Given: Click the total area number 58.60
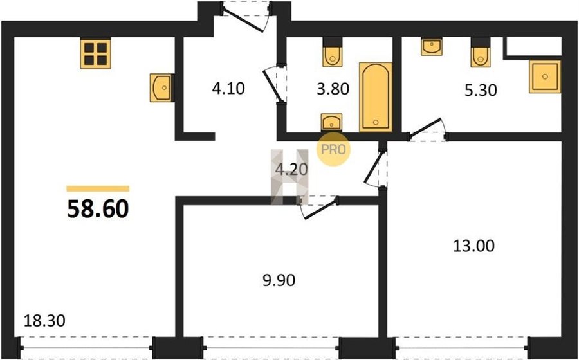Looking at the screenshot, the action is (x=98, y=209).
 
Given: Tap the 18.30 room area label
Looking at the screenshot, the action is (x=44, y=321).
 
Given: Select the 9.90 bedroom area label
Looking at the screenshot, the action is (x=279, y=281).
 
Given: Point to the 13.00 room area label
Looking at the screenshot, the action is (x=473, y=246).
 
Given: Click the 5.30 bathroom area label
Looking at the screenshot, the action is (x=481, y=90).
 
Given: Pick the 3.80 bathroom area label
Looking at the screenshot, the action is (x=333, y=89).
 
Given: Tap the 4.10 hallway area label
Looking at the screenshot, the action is (x=228, y=89).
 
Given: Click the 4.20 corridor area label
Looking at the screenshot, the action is (x=291, y=169).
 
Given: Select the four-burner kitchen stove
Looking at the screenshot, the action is (x=96, y=54).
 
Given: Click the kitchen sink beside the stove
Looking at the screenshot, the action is (x=161, y=87).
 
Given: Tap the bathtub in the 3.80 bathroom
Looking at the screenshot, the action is (x=376, y=97).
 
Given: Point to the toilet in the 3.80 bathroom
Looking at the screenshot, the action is (x=333, y=53).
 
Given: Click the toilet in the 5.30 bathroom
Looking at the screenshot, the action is (x=481, y=53).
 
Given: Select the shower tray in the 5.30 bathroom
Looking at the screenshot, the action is (x=545, y=76).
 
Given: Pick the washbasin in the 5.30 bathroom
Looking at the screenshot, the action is (x=432, y=46).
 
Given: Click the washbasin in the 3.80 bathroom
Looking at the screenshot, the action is (x=331, y=122).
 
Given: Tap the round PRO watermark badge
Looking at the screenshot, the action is (x=333, y=149).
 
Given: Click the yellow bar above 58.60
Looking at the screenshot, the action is (x=98, y=189).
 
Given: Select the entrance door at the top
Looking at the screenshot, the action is (x=245, y=16).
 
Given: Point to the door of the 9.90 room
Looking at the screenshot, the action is (x=319, y=207).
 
